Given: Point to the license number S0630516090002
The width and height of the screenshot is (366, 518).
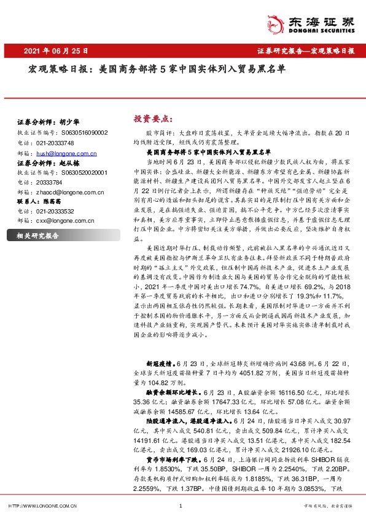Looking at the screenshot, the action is (x=84, y=132).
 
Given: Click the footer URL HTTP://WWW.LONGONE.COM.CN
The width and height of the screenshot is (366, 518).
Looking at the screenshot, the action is (x=42, y=506).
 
